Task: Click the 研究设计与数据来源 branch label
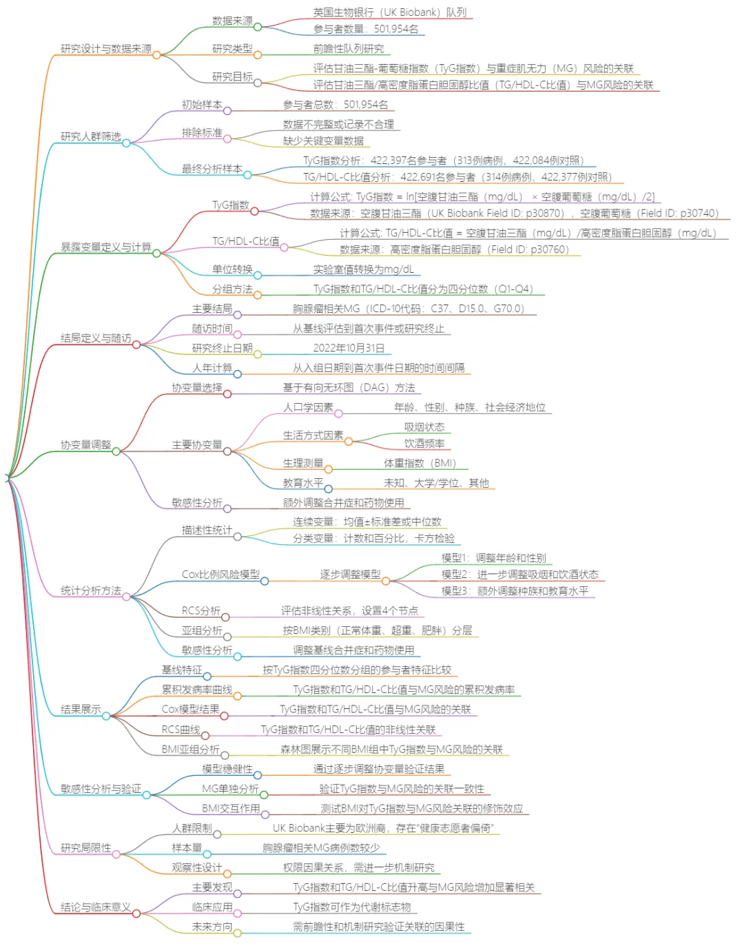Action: coord(105,49)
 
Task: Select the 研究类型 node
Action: coord(232,49)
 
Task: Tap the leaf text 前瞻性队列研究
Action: coord(349,49)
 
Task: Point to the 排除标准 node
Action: coord(202,132)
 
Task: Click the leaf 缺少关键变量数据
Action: coord(323,141)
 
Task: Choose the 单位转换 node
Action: coord(232,269)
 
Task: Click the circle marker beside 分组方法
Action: coord(258,295)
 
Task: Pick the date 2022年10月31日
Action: coord(349,348)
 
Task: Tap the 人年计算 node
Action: coord(212,368)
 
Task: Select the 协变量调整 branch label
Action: coord(85,445)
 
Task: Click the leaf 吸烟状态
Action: coord(424,427)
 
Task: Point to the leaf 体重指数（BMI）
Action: coord(420,463)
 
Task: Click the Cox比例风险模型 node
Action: coord(220,575)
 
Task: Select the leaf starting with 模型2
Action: coord(519,575)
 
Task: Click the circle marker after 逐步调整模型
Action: coord(386,581)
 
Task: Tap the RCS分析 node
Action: coord(201,610)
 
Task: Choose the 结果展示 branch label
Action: coord(81,710)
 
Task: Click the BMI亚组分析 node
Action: coord(190,749)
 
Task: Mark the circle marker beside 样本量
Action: coord(207,854)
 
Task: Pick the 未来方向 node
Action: coord(212,927)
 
